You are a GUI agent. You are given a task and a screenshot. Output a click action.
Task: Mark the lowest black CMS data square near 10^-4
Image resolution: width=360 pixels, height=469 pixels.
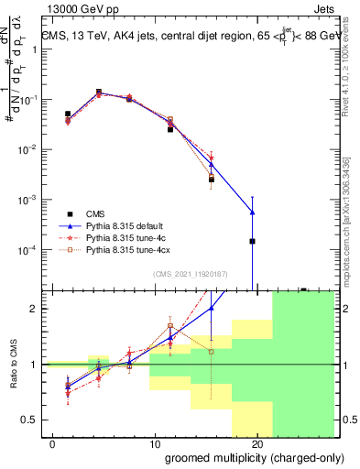point(252,241)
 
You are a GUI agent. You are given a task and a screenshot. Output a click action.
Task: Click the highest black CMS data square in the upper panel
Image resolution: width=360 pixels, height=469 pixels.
point(98,92)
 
